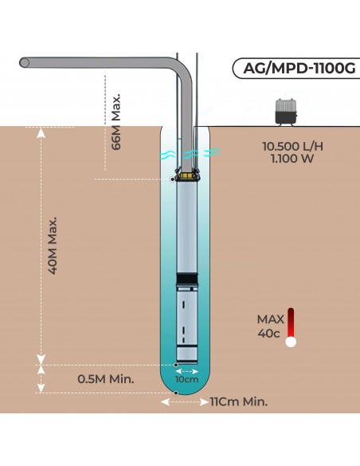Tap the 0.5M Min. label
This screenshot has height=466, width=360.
pyautogui.click(x=106, y=379)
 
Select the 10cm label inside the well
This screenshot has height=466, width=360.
pyautogui.click(x=187, y=380)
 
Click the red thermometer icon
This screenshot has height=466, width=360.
pyautogui.click(x=291, y=326)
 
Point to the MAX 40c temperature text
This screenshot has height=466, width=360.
pyautogui.click(x=268, y=326)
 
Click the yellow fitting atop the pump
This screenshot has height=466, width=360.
pyautogui.click(x=188, y=173)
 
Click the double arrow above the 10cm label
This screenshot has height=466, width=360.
pyautogui.click(x=187, y=370)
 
